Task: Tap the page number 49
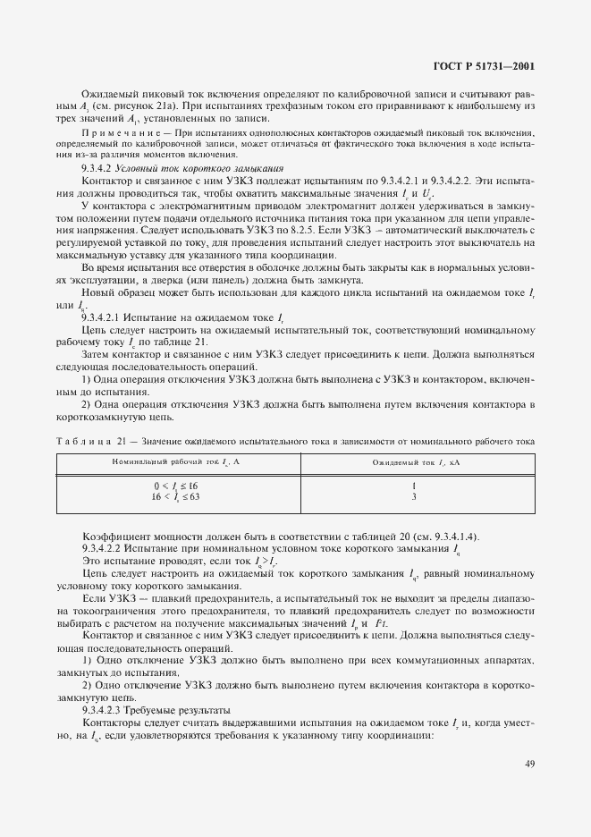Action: point(529,765)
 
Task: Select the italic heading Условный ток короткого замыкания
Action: point(175,168)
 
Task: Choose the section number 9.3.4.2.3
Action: point(106,707)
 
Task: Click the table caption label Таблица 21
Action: point(92,440)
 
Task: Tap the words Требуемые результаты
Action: point(171,707)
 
